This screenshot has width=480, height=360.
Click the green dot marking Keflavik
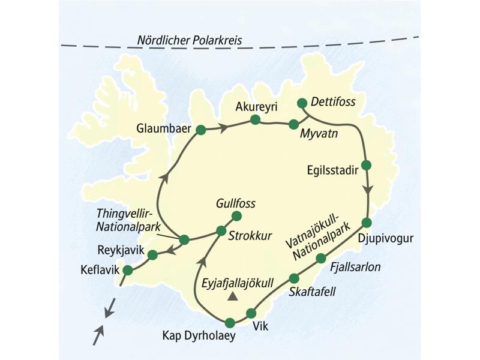click(127, 271)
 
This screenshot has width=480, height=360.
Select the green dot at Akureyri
click(255, 120)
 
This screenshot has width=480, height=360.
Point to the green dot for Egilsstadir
click(367, 164)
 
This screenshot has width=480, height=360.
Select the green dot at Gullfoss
click(236, 216)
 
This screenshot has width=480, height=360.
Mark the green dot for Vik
click(251, 314)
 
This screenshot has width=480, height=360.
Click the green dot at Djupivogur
click(367, 223)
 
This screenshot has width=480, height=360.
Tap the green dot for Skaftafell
click(294, 278)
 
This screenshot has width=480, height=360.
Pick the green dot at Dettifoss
click(302, 103)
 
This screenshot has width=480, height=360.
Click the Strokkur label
click(247, 234)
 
